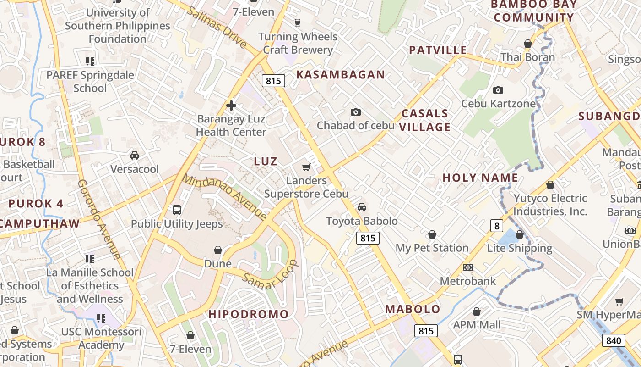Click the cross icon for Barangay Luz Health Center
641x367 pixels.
pos(231,106)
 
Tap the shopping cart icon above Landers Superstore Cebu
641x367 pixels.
pos(306,167)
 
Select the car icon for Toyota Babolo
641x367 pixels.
pos(362,207)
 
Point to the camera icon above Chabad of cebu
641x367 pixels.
pos(355,112)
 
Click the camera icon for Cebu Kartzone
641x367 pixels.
pos(498,90)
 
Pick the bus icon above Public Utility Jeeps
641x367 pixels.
pos(177,210)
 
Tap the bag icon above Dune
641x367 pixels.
pos(218,250)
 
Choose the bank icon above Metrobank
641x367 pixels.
pos(467,267)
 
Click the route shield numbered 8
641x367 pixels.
pos(496,226)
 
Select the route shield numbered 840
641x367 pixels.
pos(614,340)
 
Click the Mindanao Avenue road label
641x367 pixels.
pos(225,197)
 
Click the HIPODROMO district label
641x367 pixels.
pos(249,314)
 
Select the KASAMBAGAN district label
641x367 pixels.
pos(341,75)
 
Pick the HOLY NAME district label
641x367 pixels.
pos(480,178)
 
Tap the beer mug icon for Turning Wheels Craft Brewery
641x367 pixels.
pos(298,22)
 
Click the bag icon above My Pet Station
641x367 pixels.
pos(432,235)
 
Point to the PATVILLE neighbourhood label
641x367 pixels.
pos(438,50)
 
